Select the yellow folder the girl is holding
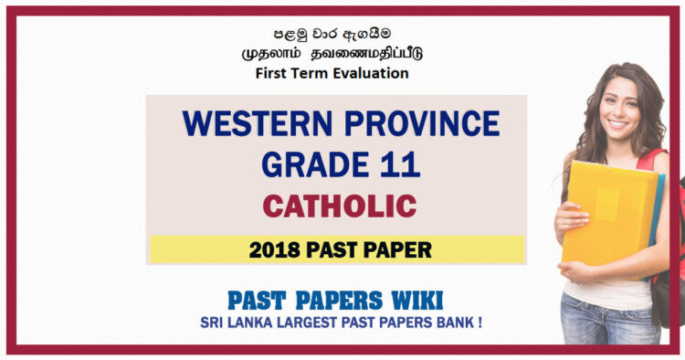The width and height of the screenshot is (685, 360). (x=606, y=210)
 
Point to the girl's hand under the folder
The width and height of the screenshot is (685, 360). (x=575, y=270)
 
